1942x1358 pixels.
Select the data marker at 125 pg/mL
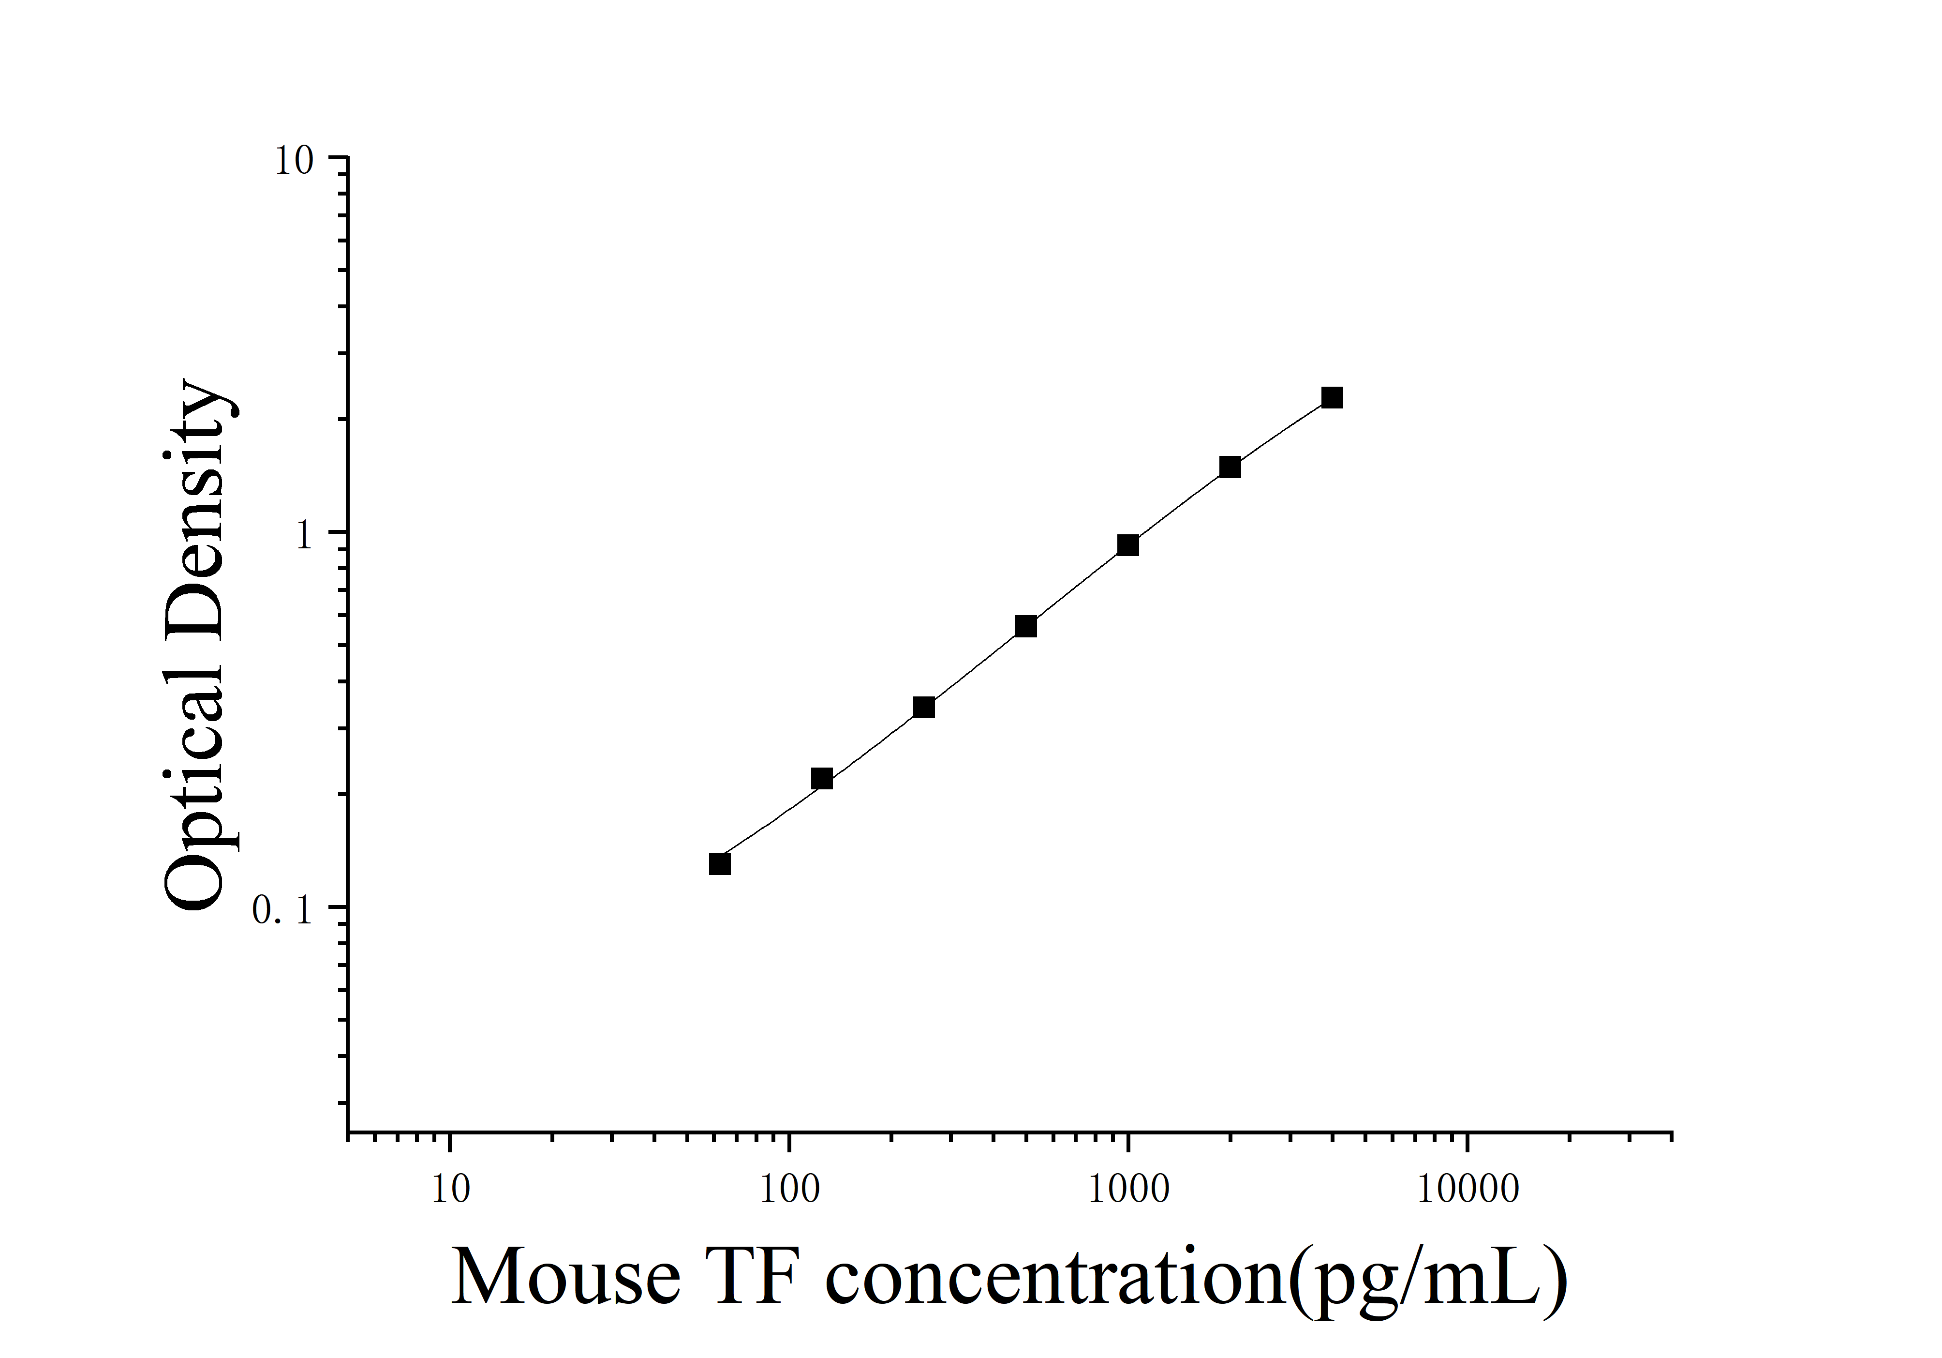pyautogui.click(x=821, y=778)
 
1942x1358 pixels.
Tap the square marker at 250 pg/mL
pyautogui.click(x=924, y=708)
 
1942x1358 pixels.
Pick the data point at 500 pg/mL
pyautogui.click(x=1026, y=626)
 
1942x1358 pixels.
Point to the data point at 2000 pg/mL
pyautogui.click(x=1230, y=467)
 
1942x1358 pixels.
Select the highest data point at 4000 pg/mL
pyautogui.click(x=1332, y=398)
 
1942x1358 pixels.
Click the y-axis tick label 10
pyautogui.click(x=294, y=161)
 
